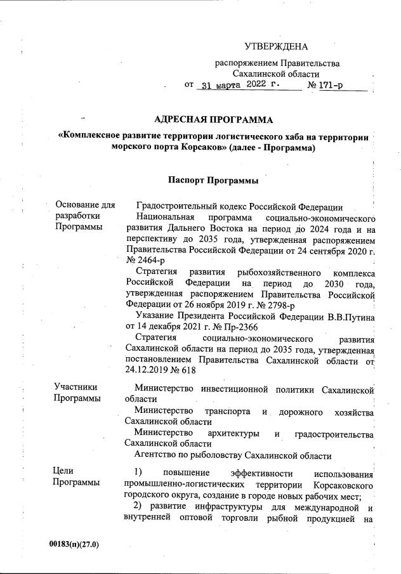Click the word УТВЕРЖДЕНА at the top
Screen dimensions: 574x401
276,47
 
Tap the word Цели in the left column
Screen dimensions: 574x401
65,471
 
